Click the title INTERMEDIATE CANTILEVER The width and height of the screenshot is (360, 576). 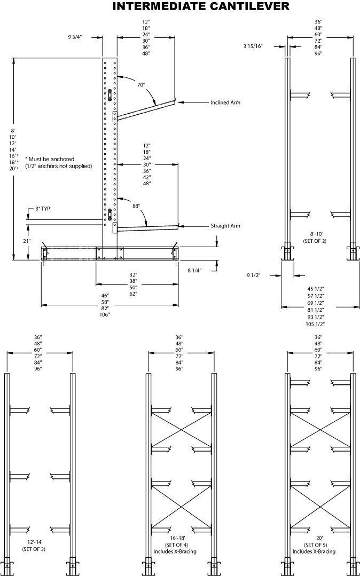(x=201, y=7)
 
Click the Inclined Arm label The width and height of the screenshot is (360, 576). (x=225, y=102)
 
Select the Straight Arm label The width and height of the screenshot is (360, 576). (x=225, y=226)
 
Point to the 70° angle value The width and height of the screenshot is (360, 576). (x=140, y=85)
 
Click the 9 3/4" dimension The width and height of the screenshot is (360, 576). (x=77, y=37)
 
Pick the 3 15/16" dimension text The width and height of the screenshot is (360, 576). (x=253, y=46)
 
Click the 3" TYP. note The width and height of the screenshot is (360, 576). (x=43, y=209)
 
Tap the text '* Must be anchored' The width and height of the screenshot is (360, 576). (x=50, y=159)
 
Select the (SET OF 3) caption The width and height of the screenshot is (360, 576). (x=34, y=549)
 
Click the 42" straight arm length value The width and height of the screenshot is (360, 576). (x=146, y=177)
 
